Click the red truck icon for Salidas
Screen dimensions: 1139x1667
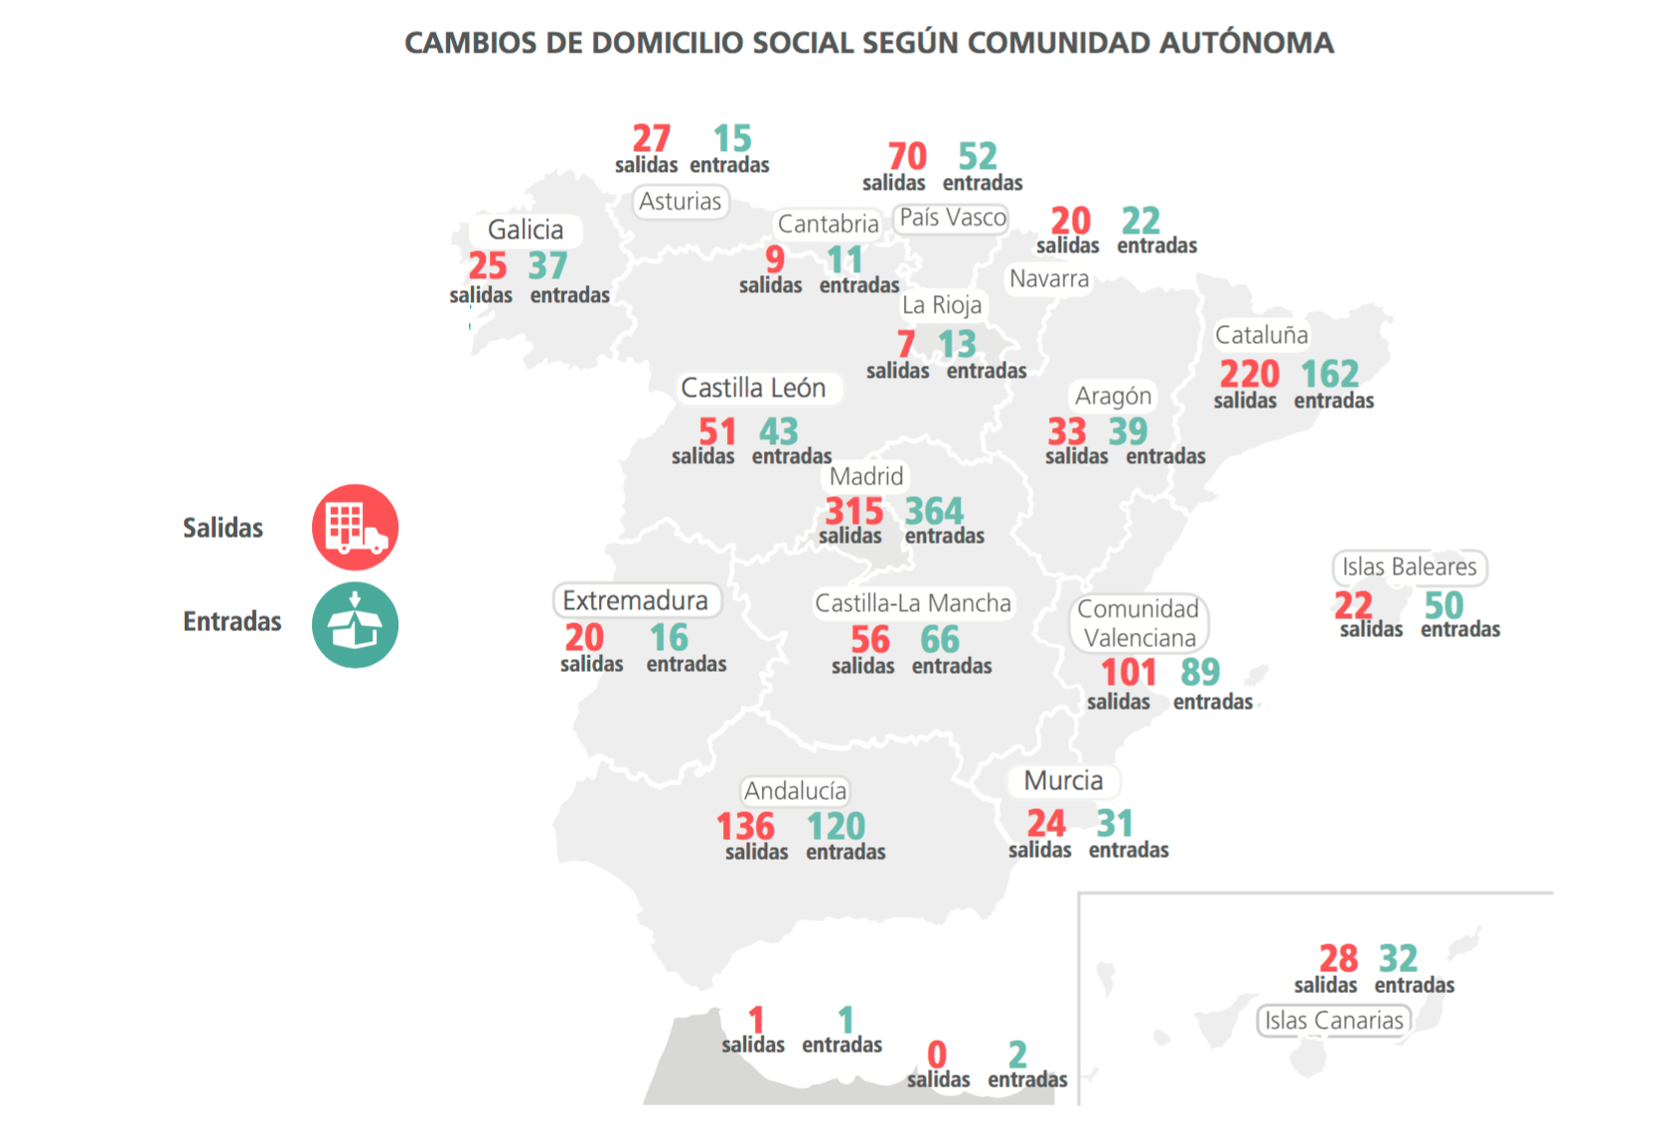click(x=355, y=527)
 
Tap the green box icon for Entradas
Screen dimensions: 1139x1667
click(x=355, y=625)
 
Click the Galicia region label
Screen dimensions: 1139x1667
click(x=526, y=230)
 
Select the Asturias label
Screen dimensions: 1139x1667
click(x=681, y=202)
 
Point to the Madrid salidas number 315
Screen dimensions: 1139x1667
click(x=853, y=511)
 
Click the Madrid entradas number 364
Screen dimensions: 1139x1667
click(x=934, y=511)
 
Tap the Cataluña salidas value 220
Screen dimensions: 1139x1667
click(x=1249, y=374)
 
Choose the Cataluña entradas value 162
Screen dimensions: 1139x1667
click(x=1329, y=374)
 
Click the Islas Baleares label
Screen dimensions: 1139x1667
click(x=1409, y=568)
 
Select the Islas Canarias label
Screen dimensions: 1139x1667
click(x=1333, y=1021)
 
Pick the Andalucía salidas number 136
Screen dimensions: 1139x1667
click(x=745, y=826)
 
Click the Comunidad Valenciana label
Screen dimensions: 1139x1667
click(x=1138, y=623)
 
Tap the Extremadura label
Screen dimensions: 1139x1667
click(x=636, y=601)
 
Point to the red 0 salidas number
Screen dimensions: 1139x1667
click(x=937, y=1054)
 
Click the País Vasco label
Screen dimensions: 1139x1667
click(x=953, y=218)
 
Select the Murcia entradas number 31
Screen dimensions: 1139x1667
click(x=1115, y=823)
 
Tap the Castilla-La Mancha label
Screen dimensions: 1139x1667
click(x=913, y=603)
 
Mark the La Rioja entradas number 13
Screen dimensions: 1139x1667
click(x=957, y=344)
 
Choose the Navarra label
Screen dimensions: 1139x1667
click(x=1049, y=279)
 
